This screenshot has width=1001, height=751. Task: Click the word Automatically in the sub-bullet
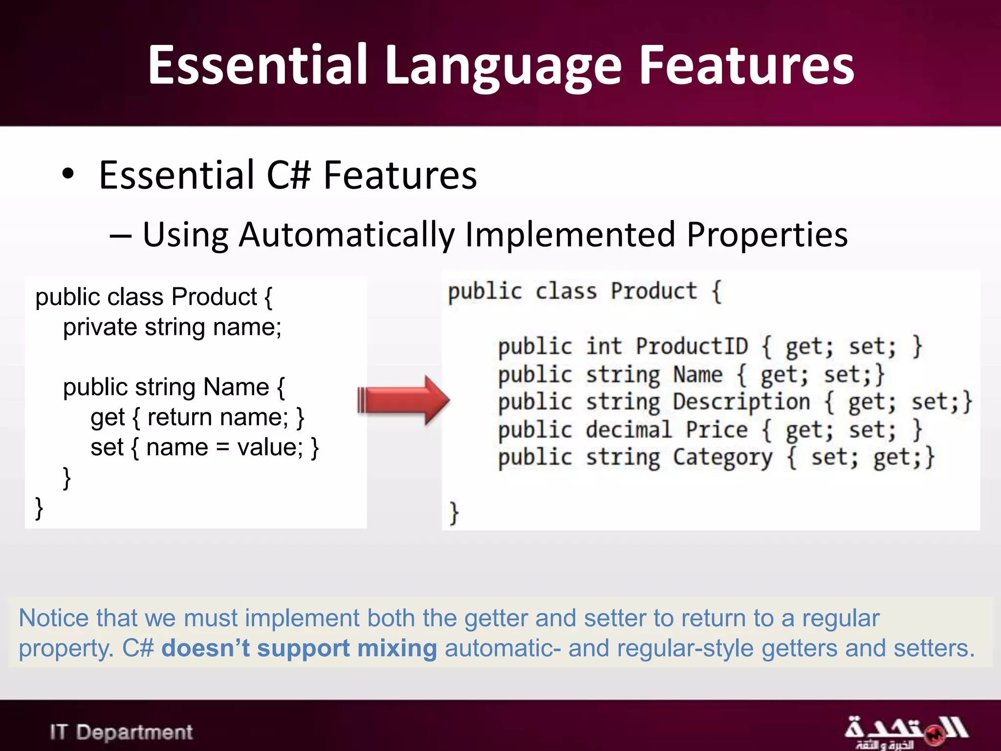click(x=347, y=236)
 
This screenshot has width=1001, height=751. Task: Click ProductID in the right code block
click(x=691, y=346)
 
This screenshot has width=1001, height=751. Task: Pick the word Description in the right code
click(x=741, y=402)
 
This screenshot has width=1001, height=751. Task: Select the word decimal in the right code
click(x=629, y=430)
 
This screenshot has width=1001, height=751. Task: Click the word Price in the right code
click(x=716, y=430)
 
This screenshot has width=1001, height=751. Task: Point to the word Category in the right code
click(x=722, y=458)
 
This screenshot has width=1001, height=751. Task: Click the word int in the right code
click(x=604, y=346)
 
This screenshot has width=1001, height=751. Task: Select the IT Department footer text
click(x=121, y=732)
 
